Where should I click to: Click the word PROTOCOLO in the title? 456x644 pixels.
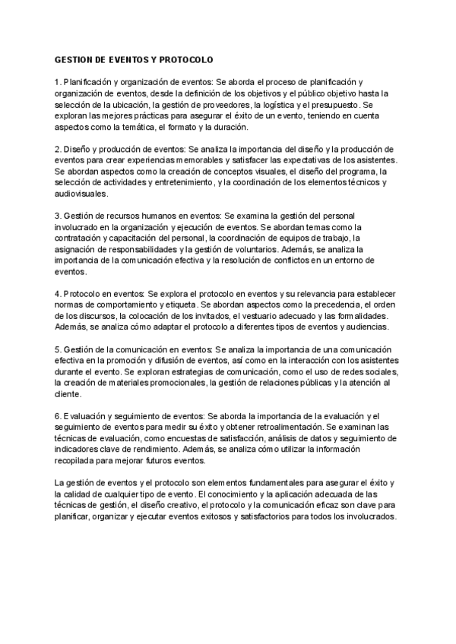(186, 59)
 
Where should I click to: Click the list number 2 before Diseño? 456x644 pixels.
(58, 150)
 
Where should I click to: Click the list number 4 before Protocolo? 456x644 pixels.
(58, 294)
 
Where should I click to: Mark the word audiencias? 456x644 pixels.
(363, 327)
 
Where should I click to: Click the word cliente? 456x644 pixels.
(68, 395)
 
